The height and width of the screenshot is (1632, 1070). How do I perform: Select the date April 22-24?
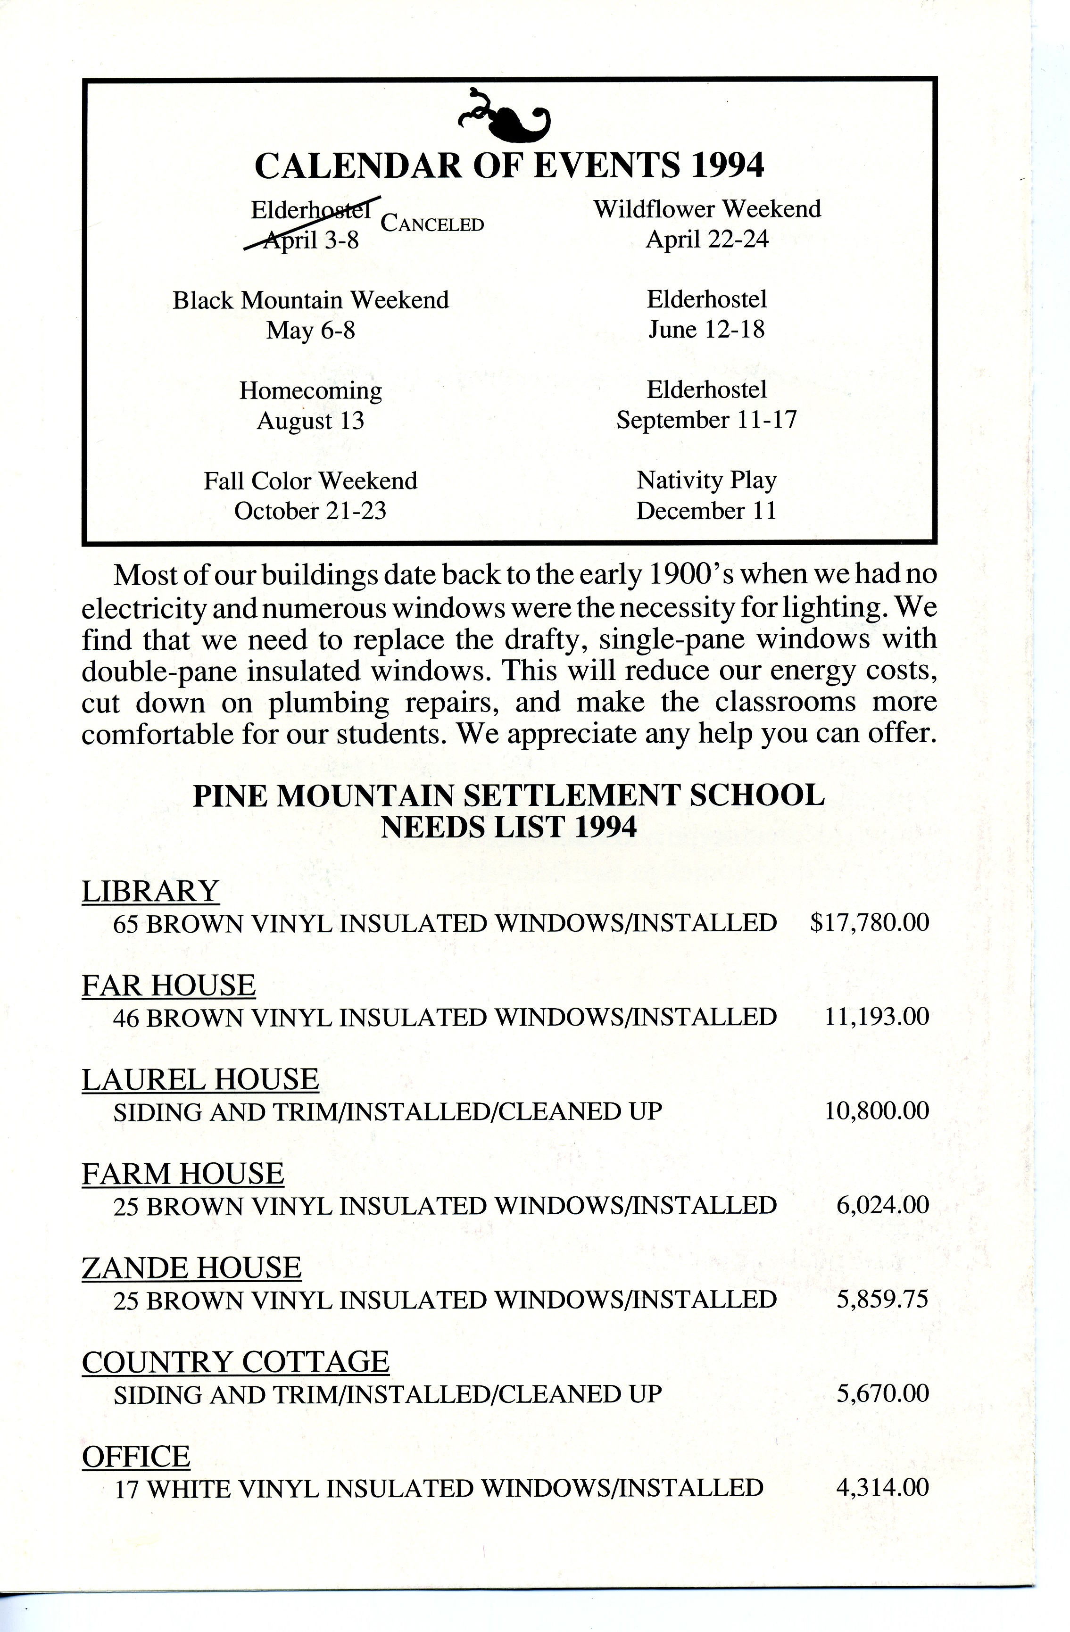pyautogui.click(x=707, y=240)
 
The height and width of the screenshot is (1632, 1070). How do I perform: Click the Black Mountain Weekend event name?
pyautogui.click(x=311, y=300)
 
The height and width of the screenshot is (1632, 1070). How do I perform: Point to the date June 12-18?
pyautogui.click(x=706, y=330)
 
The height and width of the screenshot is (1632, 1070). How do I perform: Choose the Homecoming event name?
pyautogui.click(x=311, y=391)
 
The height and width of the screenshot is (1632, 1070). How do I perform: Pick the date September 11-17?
pyautogui.click(x=706, y=420)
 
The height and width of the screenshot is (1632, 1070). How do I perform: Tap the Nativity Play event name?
pyautogui.click(x=706, y=480)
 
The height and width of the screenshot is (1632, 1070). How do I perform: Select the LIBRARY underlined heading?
pyautogui.click(x=150, y=891)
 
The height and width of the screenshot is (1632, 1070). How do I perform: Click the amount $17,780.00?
pyautogui.click(x=869, y=923)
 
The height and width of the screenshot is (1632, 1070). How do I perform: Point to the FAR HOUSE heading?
pyautogui.click(x=169, y=986)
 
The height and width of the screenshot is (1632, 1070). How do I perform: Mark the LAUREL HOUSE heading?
pyautogui.click(x=200, y=1080)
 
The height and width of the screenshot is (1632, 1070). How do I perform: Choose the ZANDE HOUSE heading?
pyautogui.click(x=191, y=1268)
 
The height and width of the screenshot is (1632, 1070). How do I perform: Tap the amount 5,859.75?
pyautogui.click(x=882, y=1300)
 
